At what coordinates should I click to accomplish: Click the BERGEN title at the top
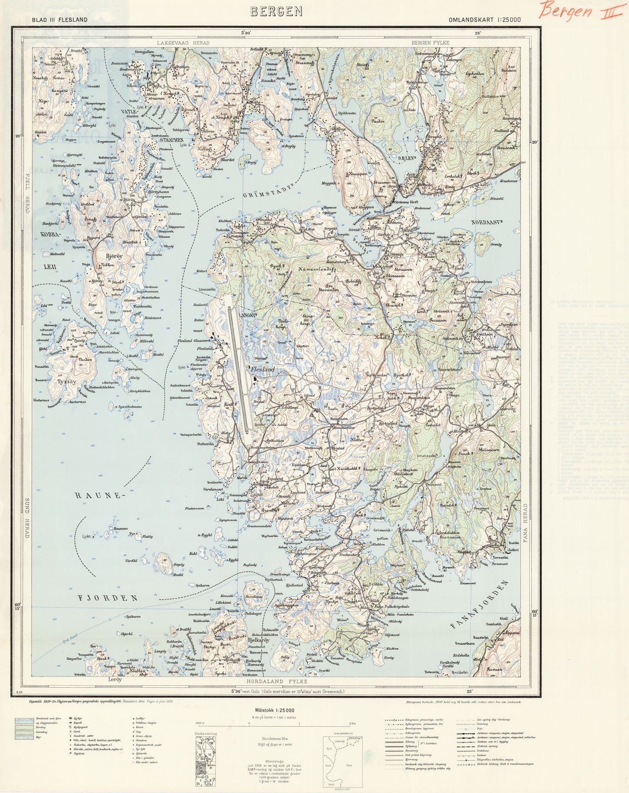(x=276, y=12)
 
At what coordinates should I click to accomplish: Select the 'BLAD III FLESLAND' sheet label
(x=59, y=20)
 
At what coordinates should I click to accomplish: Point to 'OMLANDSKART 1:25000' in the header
(x=485, y=20)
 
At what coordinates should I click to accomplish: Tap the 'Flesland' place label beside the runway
(x=263, y=369)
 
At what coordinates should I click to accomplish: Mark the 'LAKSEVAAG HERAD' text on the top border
(x=183, y=43)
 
